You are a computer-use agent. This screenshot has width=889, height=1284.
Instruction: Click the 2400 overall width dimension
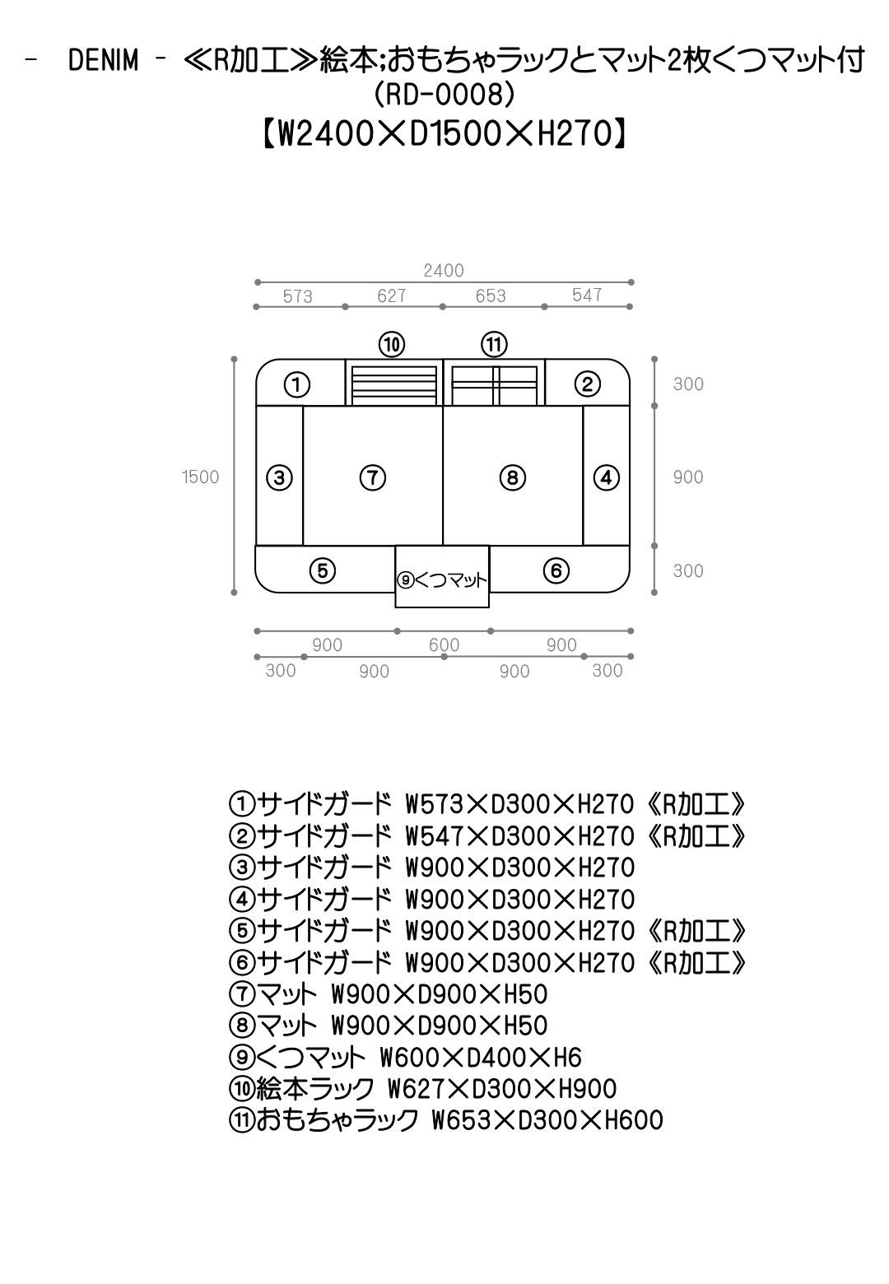point(443,270)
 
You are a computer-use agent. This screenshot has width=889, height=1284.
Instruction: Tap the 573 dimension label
point(297,296)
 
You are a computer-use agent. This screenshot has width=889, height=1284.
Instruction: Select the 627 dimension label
point(392,295)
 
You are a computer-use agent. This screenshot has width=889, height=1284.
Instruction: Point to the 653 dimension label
point(491,295)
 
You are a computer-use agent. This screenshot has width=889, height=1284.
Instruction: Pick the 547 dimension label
point(587,295)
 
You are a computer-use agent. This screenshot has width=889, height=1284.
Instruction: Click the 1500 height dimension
point(200,477)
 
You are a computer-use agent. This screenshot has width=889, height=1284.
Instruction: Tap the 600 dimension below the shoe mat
point(444,644)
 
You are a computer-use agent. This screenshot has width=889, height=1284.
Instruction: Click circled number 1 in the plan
point(297,384)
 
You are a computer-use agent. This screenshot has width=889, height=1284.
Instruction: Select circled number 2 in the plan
point(587,384)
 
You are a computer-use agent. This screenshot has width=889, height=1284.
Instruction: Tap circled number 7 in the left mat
point(373,477)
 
